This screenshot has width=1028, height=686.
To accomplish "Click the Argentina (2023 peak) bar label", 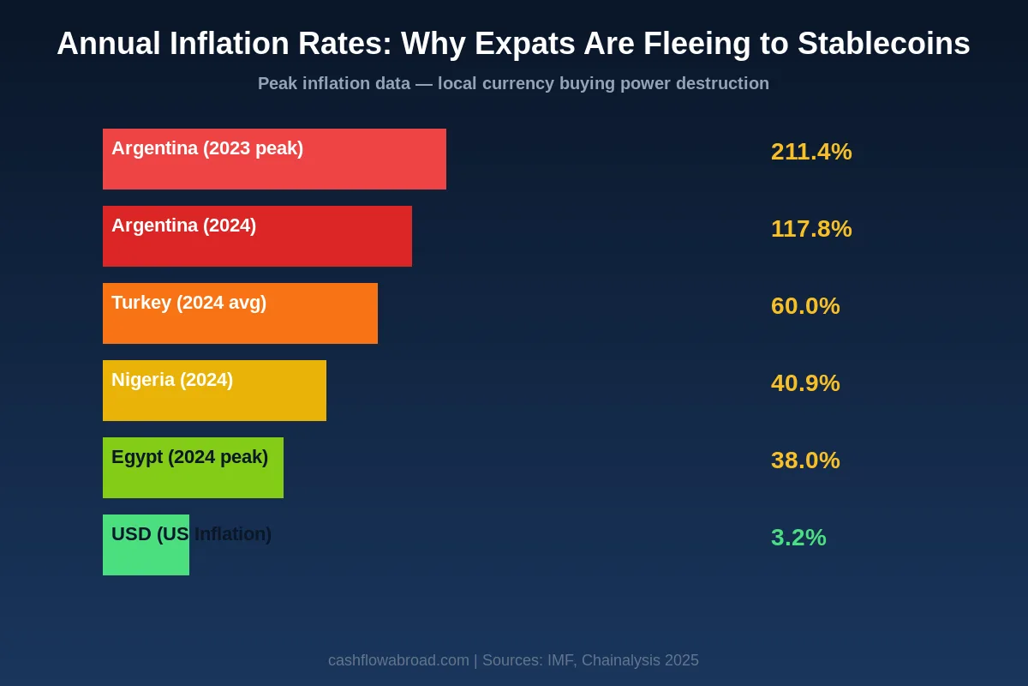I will click(207, 148).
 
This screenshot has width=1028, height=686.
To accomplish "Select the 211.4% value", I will click(811, 152).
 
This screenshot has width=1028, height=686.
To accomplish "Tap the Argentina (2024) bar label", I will click(183, 226).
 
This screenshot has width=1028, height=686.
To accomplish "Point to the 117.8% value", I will click(811, 229).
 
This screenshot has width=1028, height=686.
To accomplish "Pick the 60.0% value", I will click(805, 306).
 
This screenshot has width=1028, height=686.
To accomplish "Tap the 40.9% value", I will click(805, 383).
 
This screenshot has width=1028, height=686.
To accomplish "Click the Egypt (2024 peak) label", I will click(189, 457).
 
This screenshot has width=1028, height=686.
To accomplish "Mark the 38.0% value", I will click(805, 460).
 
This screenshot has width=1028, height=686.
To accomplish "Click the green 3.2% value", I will click(798, 538).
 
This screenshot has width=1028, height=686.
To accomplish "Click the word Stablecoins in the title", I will click(883, 44).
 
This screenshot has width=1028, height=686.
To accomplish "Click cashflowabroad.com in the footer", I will click(398, 660).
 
